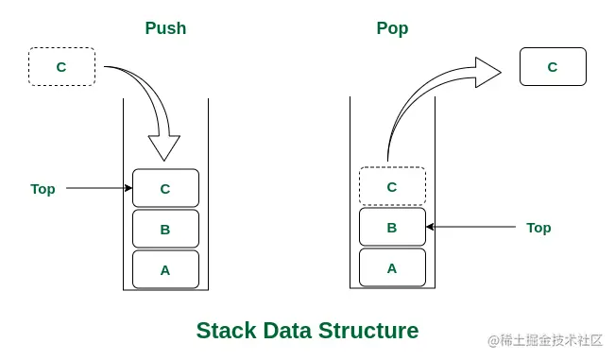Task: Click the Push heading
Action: click(x=165, y=28)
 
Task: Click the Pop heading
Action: click(x=392, y=28)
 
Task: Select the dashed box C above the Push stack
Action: click(x=61, y=67)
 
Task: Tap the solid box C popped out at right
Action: click(x=553, y=67)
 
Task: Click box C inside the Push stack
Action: click(x=165, y=188)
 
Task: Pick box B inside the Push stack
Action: click(x=165, y=229)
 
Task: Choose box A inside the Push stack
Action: click(x=165, y=269)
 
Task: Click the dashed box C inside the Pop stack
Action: click(x=392, y=186)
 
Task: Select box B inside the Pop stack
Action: click(x=392, y=227)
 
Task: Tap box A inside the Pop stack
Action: click(x=392, y=267)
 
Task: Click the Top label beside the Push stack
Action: click(x=43, y=189)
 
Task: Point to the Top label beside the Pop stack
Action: click(x=538, y=228)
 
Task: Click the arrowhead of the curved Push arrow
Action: click(x=164, y=146)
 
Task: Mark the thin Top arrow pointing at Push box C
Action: click(x=99, y=188)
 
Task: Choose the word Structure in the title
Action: click(x=368, y=331)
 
